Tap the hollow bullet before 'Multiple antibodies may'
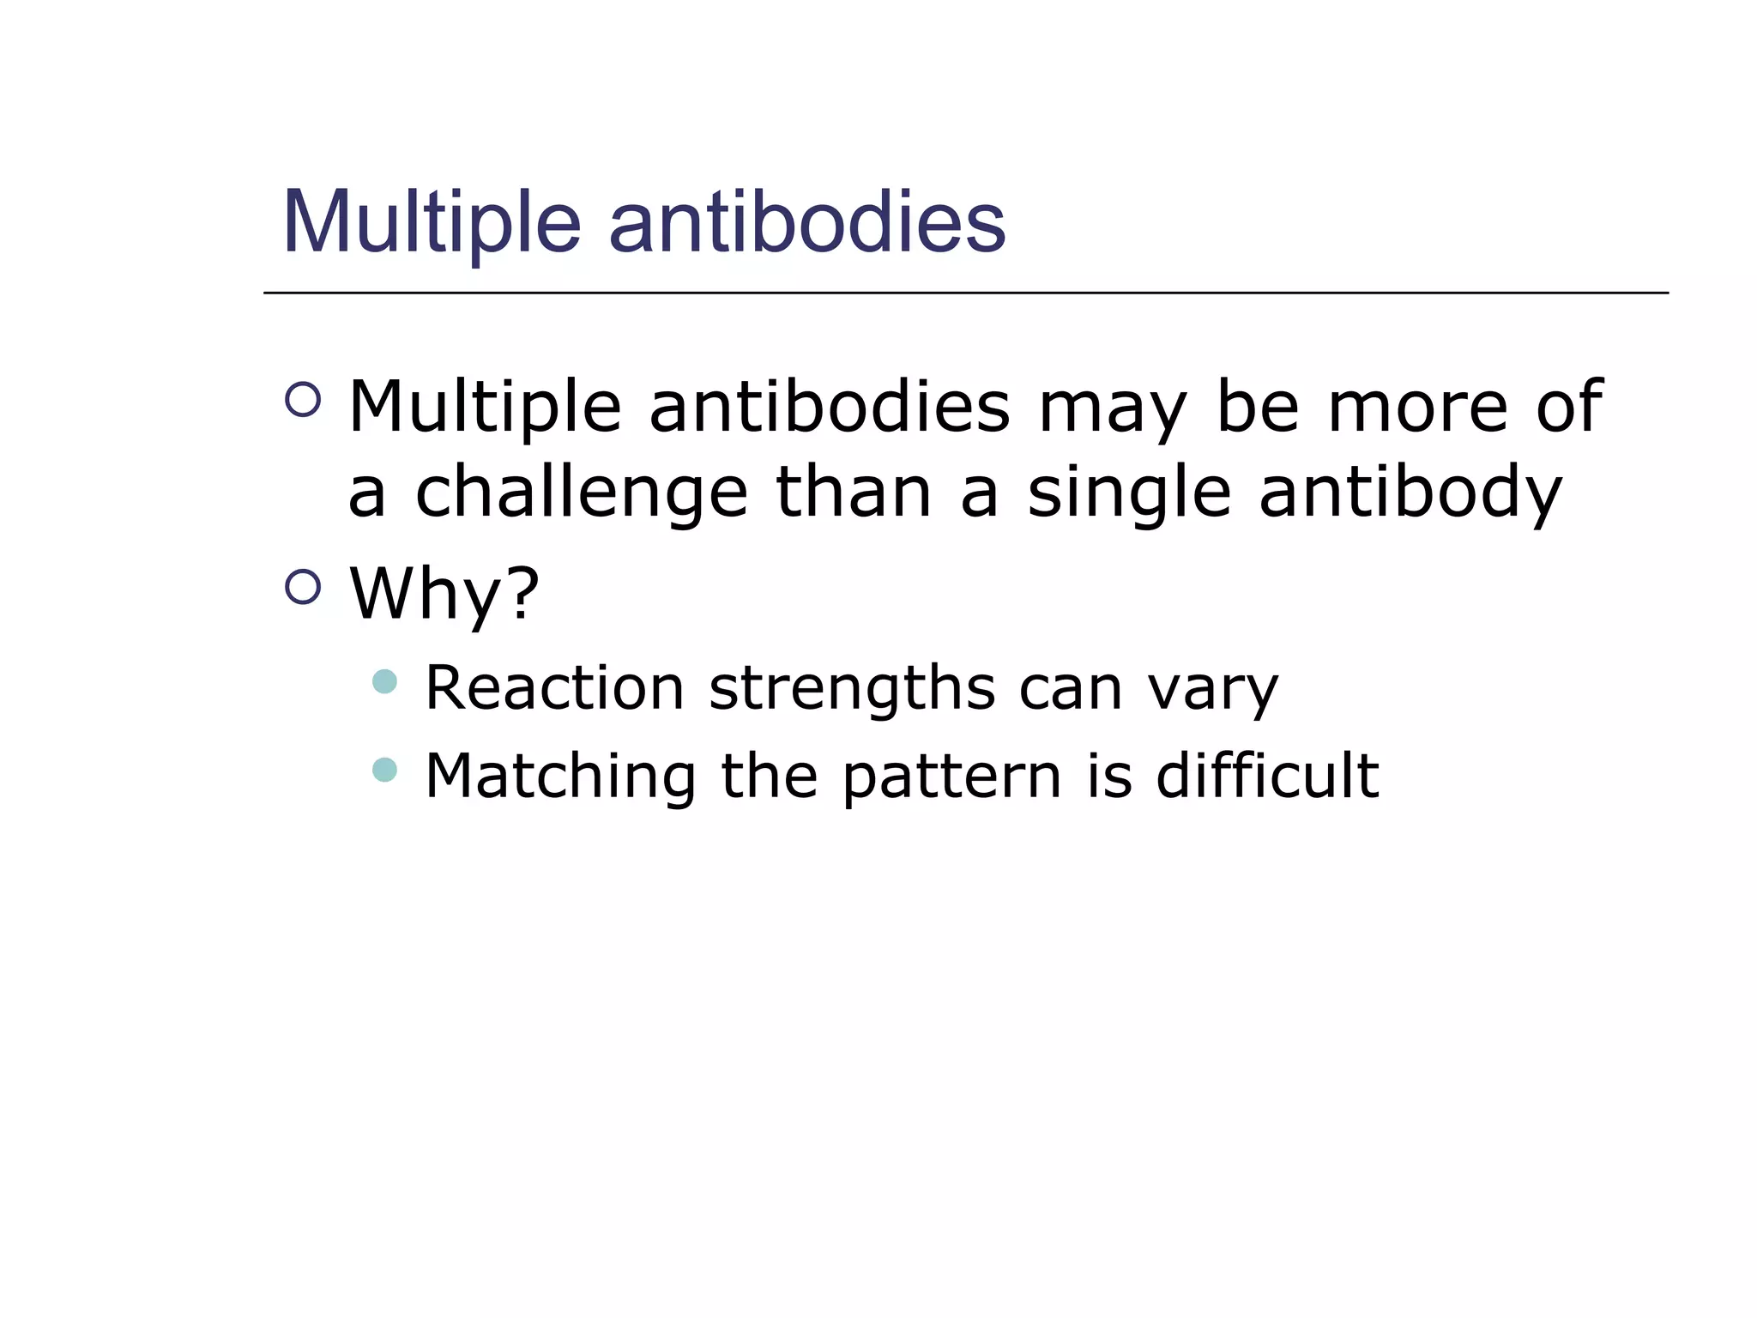(303, 399)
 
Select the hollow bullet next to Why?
(303, 587)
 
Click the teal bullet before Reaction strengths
(385, 682)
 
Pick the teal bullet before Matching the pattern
(385, 770)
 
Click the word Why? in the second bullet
(444, 594)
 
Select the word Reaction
(554, 688)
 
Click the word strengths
(853, 688)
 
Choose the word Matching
(560, 777)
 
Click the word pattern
(952, 777)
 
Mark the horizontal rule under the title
(965, 293)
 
